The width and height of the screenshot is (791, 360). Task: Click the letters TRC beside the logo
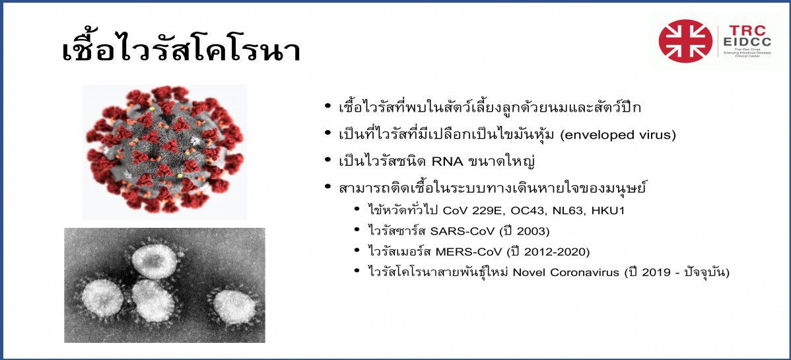tap(744, 31)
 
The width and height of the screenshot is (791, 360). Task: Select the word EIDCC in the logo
tap(744, 43)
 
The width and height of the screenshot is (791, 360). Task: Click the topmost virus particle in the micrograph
tap(155, 260)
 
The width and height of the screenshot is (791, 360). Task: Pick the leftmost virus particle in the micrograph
tap(103, 299)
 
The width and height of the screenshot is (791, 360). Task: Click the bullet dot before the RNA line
tap(328, 162)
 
